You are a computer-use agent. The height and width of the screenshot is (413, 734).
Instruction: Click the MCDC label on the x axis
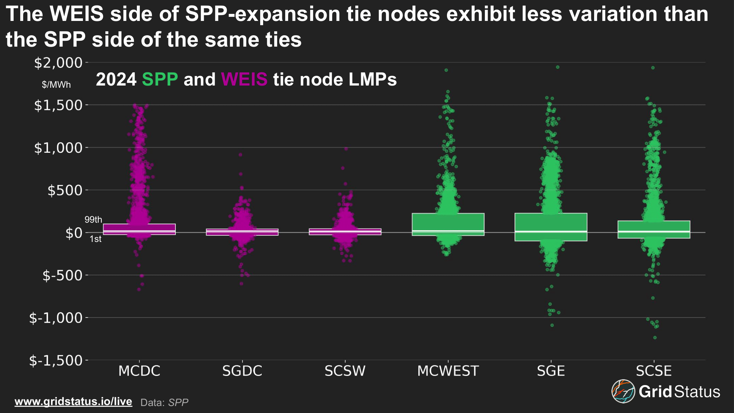pos(139,371)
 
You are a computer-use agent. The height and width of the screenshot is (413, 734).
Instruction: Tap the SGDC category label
pos(242,371)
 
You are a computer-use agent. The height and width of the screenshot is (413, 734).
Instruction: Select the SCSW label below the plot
pos(345,371)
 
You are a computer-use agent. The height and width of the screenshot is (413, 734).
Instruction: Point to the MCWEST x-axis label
pos(448,371)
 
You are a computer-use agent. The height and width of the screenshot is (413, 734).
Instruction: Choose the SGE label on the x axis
pos(551,371)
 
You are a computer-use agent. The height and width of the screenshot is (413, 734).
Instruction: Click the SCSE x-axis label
pos(654,371)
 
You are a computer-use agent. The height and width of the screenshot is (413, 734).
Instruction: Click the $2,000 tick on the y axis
pos(58,63)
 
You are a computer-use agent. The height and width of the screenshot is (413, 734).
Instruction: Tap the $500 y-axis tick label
pos(65,191)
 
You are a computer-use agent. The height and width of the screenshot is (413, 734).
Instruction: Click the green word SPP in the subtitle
pos(160,79)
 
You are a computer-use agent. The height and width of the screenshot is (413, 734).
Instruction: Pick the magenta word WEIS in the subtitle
pos(244,79)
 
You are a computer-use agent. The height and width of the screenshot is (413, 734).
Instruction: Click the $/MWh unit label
pos(56,85)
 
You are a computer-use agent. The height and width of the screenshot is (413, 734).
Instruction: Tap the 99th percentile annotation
pos(93,220)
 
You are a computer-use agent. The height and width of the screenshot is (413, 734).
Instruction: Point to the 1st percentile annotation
pos(95,239)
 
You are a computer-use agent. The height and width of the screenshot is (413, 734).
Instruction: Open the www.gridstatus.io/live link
pos(73,401)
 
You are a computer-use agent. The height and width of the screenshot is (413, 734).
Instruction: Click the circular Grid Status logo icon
pos(623,391)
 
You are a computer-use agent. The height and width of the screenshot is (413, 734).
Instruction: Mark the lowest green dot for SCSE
pos(655,337)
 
